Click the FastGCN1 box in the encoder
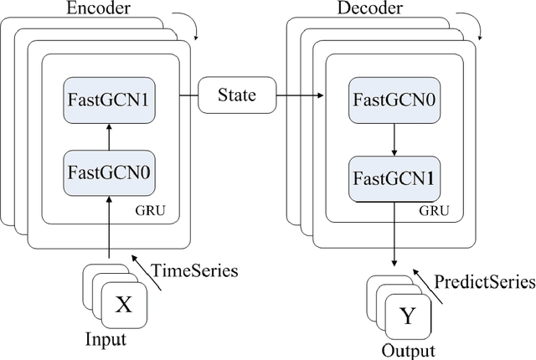107,98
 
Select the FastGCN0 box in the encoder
107,175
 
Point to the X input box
122,305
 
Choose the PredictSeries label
486,281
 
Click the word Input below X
107,339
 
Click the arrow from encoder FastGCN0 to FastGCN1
107,136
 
